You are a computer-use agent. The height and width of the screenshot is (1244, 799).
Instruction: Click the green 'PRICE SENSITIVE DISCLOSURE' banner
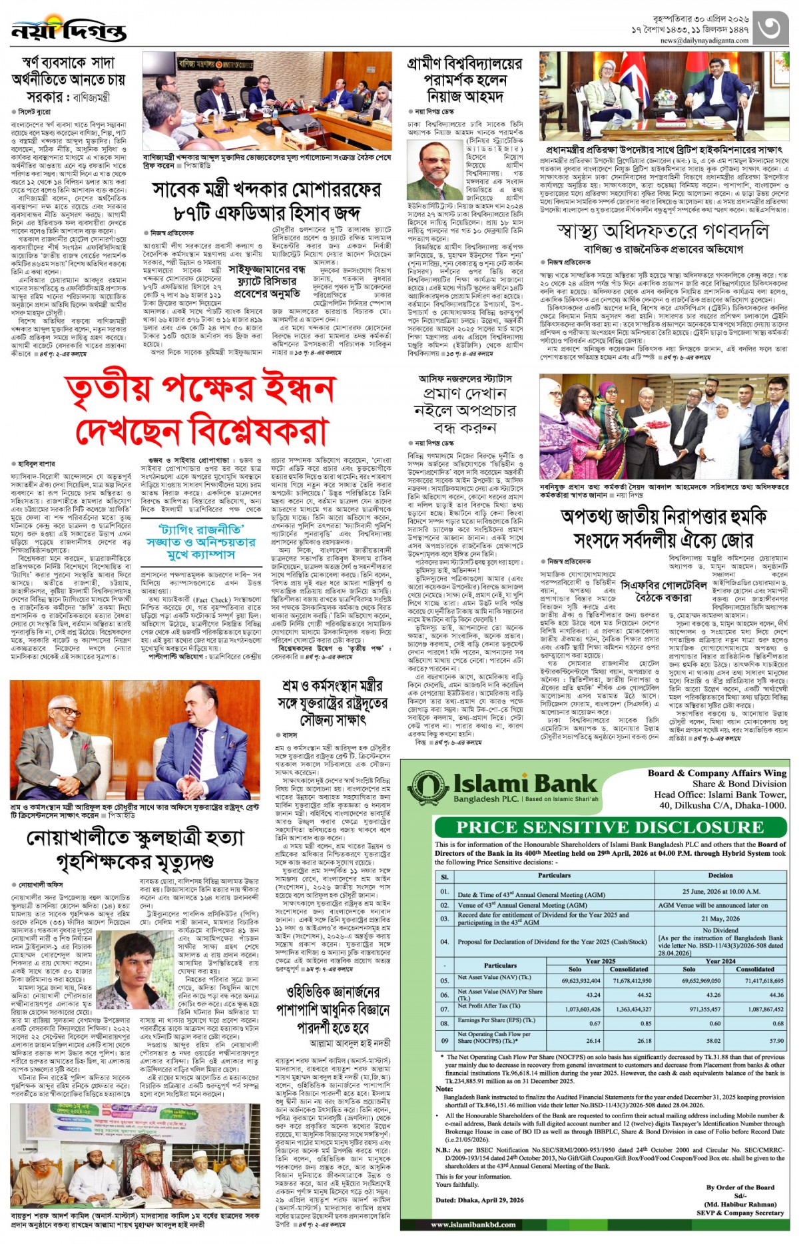[610, 827]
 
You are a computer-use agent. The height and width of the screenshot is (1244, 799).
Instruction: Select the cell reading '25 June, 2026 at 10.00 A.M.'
[720, 891]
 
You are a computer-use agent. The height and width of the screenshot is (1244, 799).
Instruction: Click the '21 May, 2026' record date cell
[720, 918]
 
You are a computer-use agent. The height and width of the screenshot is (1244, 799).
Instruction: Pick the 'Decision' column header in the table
[720, 875]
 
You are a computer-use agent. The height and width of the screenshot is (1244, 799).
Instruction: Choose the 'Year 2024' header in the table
[720, 961]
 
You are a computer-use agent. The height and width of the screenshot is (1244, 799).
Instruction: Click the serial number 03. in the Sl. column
[445, 918]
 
